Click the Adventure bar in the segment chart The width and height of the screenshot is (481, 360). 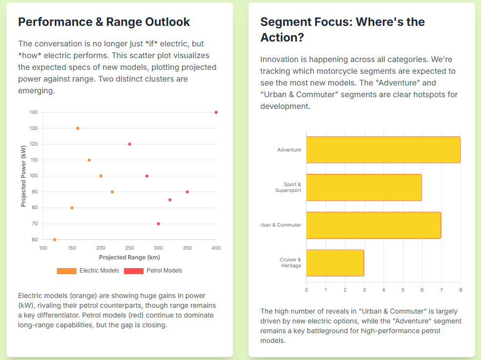(x=383, y=149)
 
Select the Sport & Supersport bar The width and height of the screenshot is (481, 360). (x=364, y=188)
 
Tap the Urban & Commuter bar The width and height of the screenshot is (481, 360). (x=374, y=225)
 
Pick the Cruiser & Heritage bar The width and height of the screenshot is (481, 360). (x=335, y=263)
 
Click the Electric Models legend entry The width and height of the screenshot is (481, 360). (x=88, y=271)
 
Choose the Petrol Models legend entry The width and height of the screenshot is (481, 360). (x=153, y=271)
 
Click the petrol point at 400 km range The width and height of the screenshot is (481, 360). (x=216, y=112)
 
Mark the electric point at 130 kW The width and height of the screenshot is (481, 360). (x=78, y=128)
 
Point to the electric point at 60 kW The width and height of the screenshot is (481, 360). (x=55, y=240)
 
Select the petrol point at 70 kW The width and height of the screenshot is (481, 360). (x=158, y=224)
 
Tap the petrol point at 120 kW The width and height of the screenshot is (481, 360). (x=129, y=144)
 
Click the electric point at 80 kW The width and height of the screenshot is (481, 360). (x=72, y=208)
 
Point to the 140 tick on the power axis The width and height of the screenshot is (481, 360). (x=34, y=112)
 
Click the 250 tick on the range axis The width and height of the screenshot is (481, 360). (x=129, y=248)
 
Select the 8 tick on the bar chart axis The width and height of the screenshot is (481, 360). (x=460, y=290)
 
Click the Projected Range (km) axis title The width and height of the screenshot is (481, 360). (x=129, y=257)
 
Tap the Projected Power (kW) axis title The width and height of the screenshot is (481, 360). (x=23, y=176)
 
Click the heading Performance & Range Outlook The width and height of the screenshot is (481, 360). (x=104, y=22)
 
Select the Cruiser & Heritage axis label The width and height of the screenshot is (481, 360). (x=291, y=263)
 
